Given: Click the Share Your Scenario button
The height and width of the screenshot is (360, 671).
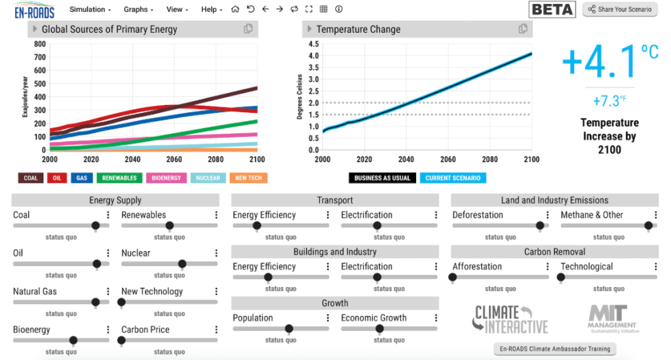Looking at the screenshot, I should pyautogui.click(x=619, y=9).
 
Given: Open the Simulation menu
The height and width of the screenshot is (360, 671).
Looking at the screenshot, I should pyautogui.click(x=90, y=10).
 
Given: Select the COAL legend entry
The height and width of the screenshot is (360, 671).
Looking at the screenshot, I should pyautogui.click(x=31, y=178).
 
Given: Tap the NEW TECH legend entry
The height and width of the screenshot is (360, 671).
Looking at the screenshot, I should pyautogui.click(x=248, y=178).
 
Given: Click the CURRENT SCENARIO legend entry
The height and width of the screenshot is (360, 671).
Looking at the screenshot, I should pyautogui.click(x=453, y=178).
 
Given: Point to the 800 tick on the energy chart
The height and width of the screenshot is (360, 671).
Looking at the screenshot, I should pyautogui.click(x=39, y=44).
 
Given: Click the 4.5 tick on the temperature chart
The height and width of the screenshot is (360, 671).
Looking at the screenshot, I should pyautogui.click(x=313, y=44).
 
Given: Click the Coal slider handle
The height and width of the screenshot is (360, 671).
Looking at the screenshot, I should pyautogui.click(x=96, y=226).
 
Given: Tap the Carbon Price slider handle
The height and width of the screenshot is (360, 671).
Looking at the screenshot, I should pyautogui.click(x=121, y=340).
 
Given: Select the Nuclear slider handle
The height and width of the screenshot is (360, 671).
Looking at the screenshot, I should pyautogui.click(x=182, y=264).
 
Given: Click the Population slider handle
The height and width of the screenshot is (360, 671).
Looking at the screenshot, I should pyautogui.click(x=289, y=329).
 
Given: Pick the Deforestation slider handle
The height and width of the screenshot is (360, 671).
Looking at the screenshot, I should pyautogui.click(x=540, y=226).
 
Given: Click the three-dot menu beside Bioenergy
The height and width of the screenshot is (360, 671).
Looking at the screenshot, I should pyautogui.click(x=108, y=330).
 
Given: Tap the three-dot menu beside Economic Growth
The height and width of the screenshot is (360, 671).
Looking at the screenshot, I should pyautogui.click(x=436, y=318).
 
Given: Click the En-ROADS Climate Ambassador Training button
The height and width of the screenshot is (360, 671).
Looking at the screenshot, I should pyautogui.click(x=554, y=349).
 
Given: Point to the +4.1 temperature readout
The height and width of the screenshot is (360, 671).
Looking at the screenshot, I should pyautogui.click(x=600, y=60).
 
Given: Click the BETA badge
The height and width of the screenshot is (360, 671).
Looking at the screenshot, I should pyautogui.click(x=552, y=9).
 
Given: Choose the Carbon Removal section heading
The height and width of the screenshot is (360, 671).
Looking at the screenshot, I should pyautogui.click(x=554, y=252).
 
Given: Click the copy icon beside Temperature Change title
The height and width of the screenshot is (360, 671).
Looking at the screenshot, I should pyautogui.click(x=523, y=29).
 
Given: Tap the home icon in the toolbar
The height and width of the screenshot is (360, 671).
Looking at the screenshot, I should pyautogui.click(x=235, y=9).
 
